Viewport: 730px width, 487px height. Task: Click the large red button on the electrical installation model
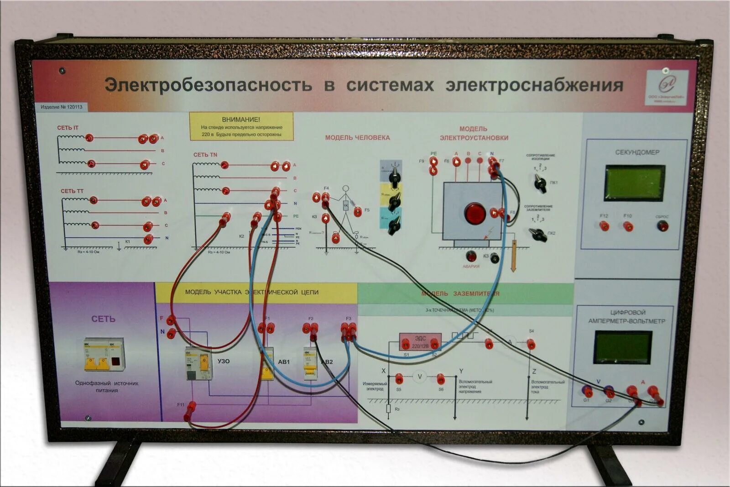coord(475,213)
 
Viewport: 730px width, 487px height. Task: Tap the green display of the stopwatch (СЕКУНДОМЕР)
coord(634,182)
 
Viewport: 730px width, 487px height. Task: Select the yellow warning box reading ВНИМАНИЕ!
coord(241,126)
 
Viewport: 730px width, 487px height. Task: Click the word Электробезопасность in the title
coord(209,85)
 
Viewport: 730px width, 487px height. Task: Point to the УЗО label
coord(224,361)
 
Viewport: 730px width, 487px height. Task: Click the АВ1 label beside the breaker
coord(284,362)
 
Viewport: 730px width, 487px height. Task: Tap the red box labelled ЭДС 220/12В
coord(420,341)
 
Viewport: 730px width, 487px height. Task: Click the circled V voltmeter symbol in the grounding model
coord(420,377)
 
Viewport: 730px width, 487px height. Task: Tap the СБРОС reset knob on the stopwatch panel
coord(662,225)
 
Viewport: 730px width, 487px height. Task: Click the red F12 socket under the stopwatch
coord(604,225)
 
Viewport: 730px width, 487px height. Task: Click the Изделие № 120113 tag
coord(62,107)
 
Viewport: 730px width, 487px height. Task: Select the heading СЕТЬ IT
coord(68,128)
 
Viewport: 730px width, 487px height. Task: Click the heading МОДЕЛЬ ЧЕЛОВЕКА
coord(357,137)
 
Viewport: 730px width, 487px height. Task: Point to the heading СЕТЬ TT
coord(72,191)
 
